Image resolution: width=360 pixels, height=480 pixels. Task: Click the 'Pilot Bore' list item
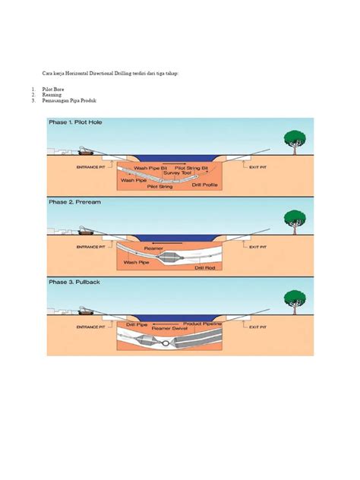53,90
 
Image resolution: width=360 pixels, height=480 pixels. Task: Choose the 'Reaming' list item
52,96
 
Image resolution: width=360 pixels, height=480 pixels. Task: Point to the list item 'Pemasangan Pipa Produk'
69,102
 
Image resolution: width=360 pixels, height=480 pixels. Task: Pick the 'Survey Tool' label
187,172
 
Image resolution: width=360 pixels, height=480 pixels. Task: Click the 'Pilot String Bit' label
193,167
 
